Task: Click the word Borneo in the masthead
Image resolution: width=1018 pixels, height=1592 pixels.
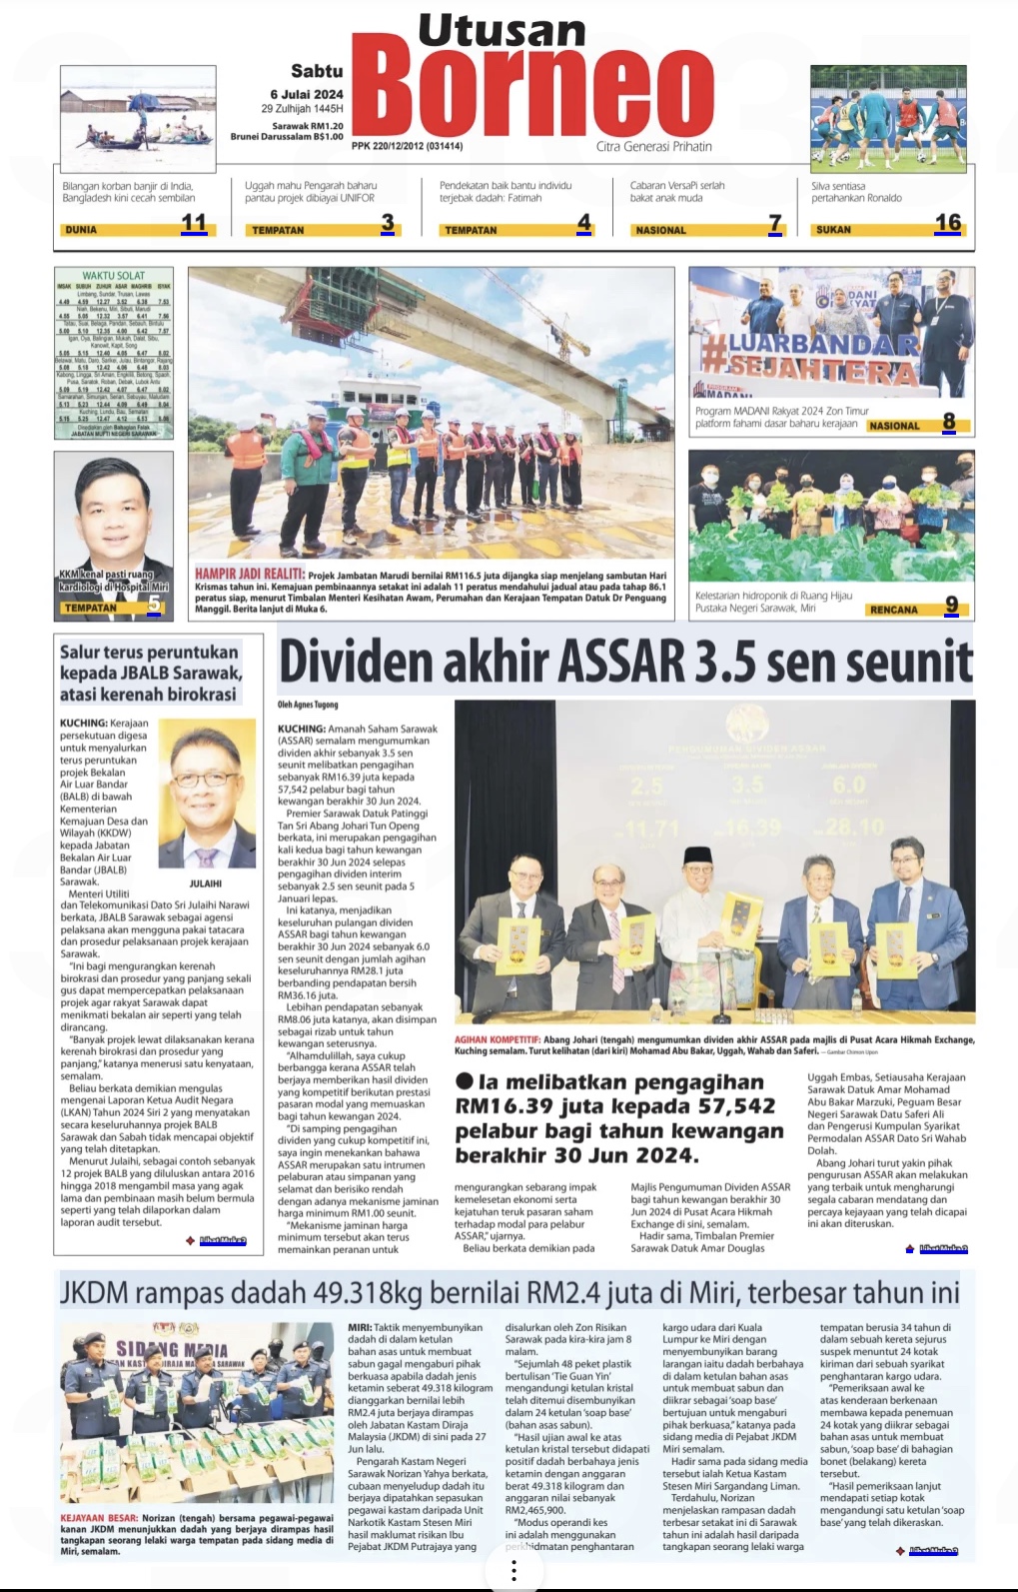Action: (531, 92)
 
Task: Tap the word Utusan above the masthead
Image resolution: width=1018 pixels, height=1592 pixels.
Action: (502, 31)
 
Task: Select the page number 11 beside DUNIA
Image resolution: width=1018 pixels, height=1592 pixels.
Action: (194, 223)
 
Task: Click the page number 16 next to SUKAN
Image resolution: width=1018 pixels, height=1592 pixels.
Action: (947, 223)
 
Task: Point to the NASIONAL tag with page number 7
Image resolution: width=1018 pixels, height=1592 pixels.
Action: (661, 230)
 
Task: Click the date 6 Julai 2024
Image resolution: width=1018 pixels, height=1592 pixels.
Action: (306, 94)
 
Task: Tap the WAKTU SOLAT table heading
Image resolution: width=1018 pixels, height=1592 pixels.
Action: (113, 276)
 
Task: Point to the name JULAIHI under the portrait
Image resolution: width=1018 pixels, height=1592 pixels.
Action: (205, 883)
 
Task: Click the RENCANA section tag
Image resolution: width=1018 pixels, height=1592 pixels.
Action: (893, 610)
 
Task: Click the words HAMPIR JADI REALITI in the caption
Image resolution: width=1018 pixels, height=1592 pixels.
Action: (249, 574)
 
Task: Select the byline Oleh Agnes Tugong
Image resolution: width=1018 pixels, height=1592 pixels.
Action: (308, 705)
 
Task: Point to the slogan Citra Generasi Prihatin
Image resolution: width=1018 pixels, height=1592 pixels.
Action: (654, 146)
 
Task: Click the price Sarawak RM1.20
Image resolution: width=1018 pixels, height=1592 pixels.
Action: (308, 126)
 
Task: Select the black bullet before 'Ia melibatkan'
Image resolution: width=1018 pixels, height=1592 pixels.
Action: (465, 1081)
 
